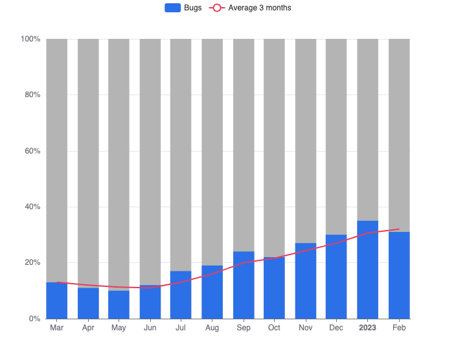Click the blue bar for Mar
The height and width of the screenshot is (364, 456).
click(x=56, y=301)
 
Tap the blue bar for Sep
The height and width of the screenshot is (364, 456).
click(x=244, y=285)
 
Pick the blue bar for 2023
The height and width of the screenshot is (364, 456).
click(x=367, y=269)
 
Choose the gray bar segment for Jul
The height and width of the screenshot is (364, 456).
click(x=181, y=155)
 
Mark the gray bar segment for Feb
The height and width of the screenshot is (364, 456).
click(x=399, y=135)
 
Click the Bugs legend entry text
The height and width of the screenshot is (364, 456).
click(x=193, y=8)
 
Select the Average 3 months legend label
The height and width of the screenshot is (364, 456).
click(x=260, y=8)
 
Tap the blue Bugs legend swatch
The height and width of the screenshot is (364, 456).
click(x=173, y=8)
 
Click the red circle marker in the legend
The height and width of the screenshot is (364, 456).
click(x=217, y=8)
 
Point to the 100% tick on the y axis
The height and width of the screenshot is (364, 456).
click(x=30, y=39)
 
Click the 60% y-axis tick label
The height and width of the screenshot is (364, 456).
click(x=32, y=151)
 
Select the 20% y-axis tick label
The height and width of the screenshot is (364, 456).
click(x=32, y=263)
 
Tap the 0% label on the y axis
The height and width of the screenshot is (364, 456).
click(x=35, y=319)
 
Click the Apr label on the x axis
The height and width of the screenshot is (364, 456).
click(x=88, y=328)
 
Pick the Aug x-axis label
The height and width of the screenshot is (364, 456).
click(x=212, y=328)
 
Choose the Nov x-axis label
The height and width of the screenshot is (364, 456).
click(x=305, y=328)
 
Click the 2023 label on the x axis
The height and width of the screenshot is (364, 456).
click(x=367, y=328)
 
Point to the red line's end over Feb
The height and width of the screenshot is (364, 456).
click(x=399, y=229)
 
